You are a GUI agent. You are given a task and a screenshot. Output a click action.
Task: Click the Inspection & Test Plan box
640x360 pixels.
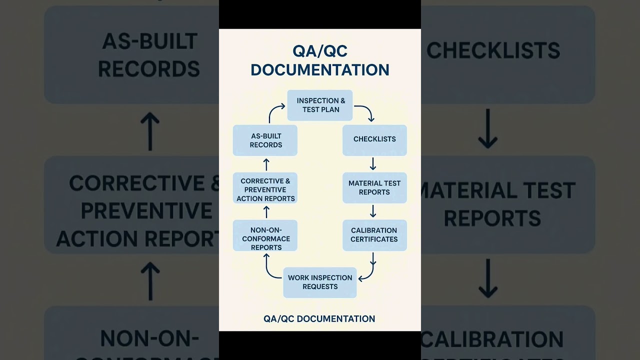320,105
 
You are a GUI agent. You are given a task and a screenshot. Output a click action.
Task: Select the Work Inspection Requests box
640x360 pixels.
320,282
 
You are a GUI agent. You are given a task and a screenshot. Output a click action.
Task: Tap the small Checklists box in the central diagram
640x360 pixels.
374,139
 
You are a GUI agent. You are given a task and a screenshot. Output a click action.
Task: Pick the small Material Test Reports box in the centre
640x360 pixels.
374,188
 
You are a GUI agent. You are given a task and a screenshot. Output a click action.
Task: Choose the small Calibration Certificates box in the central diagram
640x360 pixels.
374,235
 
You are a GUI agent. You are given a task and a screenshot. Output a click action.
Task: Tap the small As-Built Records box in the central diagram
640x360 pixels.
265,140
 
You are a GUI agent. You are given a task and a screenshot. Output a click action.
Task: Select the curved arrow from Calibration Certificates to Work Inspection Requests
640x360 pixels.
368,270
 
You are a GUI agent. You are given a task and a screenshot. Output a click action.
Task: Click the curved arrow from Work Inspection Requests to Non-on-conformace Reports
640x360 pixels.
270,268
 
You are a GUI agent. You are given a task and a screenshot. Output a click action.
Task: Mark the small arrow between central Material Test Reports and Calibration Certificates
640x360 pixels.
373,211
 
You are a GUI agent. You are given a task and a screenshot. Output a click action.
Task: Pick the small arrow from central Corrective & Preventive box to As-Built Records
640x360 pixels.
266,164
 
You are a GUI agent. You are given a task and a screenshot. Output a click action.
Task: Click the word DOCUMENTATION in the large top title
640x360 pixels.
320,70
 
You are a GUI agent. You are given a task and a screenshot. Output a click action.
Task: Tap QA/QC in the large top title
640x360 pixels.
320,51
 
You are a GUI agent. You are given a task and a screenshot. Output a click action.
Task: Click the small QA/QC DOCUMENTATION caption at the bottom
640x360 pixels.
319,319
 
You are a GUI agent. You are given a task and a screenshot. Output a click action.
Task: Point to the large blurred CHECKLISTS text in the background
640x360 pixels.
493,50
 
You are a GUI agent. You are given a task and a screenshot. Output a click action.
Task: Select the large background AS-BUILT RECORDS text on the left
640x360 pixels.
149,55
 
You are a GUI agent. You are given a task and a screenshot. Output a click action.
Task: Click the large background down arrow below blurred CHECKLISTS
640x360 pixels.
487,129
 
